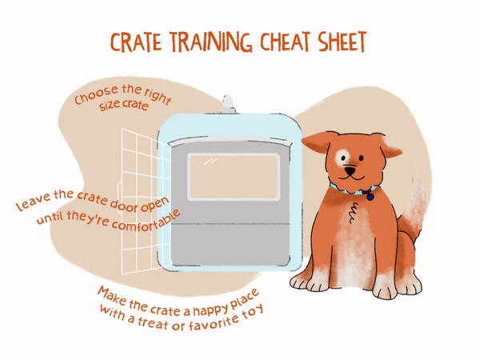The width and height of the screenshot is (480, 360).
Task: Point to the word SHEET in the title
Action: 344,43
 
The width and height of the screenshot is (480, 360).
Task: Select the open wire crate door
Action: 137,200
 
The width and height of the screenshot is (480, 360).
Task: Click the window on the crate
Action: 233,176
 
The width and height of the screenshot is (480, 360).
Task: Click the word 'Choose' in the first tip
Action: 94,100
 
